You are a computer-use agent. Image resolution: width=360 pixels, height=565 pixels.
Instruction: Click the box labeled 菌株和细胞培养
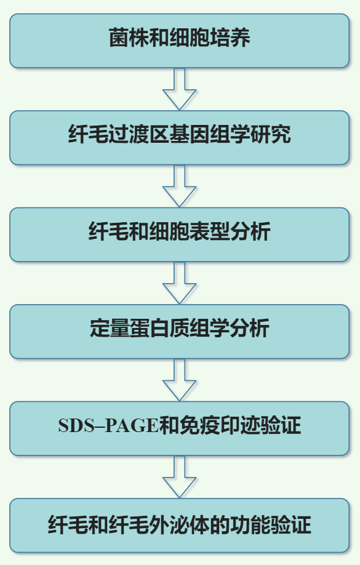pos(180,41)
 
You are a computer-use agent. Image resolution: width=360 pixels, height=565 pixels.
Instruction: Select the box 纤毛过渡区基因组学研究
pos(180,138)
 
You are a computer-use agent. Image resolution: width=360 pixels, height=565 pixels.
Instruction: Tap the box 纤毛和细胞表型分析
pos(180,234)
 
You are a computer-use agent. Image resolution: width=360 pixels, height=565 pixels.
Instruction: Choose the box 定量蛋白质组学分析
pos(180,332)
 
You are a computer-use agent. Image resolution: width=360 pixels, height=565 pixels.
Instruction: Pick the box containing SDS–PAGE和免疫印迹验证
pos(180,428)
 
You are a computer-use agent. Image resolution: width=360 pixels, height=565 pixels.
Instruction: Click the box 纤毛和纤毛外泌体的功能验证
pos(180,526)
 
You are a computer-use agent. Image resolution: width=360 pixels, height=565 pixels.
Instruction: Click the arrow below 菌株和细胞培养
pos(180,89)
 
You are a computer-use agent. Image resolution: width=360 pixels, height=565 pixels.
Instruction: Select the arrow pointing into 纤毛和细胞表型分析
pos(180,186)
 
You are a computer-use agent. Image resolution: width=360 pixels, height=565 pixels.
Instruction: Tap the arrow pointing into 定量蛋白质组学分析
pos(180,283)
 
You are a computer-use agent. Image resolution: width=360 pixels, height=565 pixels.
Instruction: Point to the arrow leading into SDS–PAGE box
pos(180,380)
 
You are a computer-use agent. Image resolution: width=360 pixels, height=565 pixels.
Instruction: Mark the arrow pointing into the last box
pos(180,477)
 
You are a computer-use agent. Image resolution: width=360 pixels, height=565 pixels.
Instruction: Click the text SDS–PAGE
pos(108,425)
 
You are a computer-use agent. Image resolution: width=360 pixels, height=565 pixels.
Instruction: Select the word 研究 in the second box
pos(270,134)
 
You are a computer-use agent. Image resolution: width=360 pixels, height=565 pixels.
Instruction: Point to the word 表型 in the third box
pos(209,231)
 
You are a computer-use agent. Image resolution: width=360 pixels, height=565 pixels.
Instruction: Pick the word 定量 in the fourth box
pos(110,328)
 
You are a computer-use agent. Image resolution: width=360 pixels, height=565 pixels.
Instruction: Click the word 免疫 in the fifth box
pos(199,425)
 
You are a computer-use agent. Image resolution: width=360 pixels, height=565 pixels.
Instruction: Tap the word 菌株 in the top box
pos(129,37)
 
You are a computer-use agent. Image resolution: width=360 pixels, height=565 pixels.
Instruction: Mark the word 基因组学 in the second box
pos(210,134)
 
